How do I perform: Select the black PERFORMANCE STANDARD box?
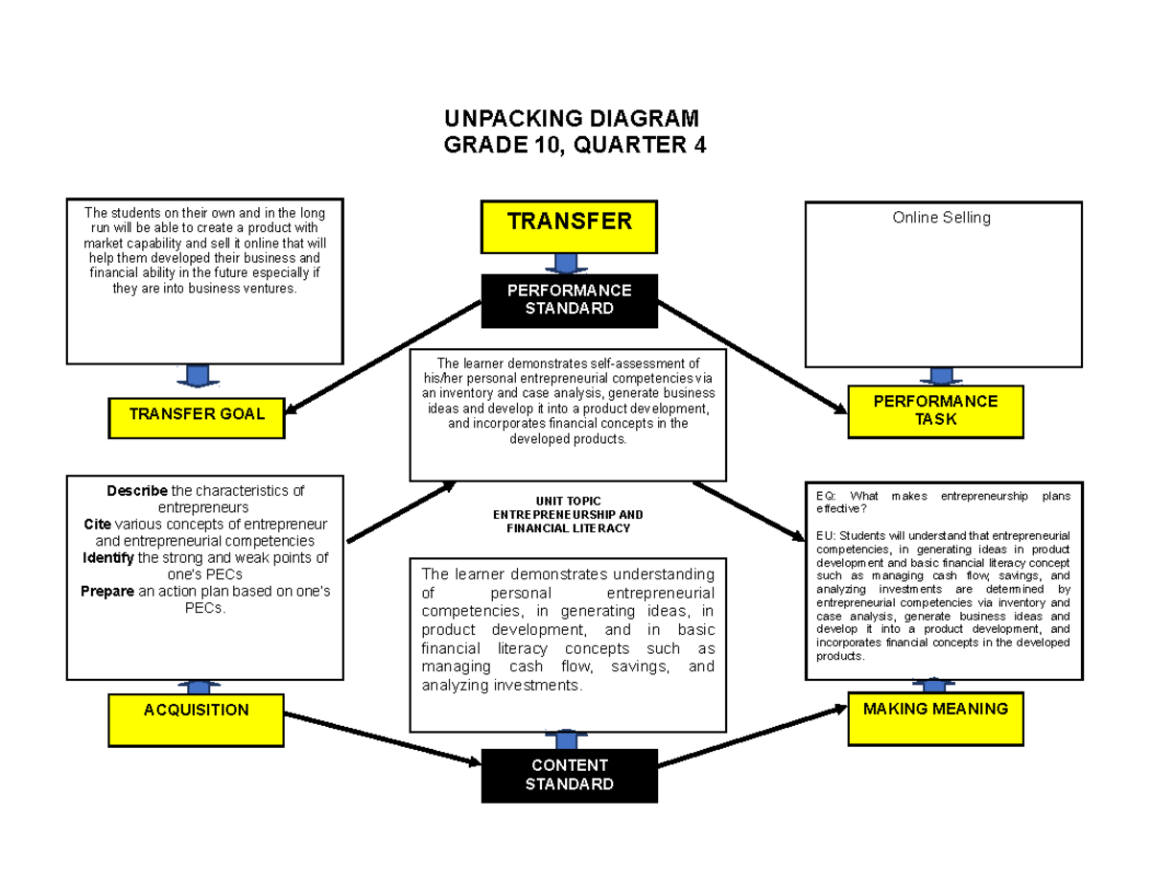pyautogui.click(x=569, y=299)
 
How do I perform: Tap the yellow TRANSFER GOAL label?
pyautogui.click(x=197, y=413)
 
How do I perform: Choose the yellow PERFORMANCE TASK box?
pyautogui.click(x=935, y=409)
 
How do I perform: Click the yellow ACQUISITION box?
pyautogui.click(x=196, y=711)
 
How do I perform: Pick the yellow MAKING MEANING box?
pyautogui.click(x=935, y=711)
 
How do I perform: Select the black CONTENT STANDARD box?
pyautogui.click(x=569, y=774)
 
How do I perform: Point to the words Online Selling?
pyautogui.click(x=941, y=218)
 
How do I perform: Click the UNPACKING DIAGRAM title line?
pyautogui.click(x=572, y=119)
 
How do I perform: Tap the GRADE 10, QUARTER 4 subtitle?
pyautogui.click(x=572, y=145)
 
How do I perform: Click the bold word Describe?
pyautogui.click(x=136, y=491)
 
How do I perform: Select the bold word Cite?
pyautogui.click(x=98, y=524)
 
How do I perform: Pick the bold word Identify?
pyautogui.click(x=108, y=557)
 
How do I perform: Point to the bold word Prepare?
pyautogui.click(x=106, y=591)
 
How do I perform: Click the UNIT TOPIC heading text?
pyautogui.click(x=569, y=501)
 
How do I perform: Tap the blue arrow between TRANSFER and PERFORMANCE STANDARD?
pyautogui.click(x=567, y=263)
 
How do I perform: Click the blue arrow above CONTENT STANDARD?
pyautogui.click(x=567, y=739)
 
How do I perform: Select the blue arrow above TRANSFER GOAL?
pyautogui.click(x=199, y=375)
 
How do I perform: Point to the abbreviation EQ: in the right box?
pyautogui.click(x=826, y=496)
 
